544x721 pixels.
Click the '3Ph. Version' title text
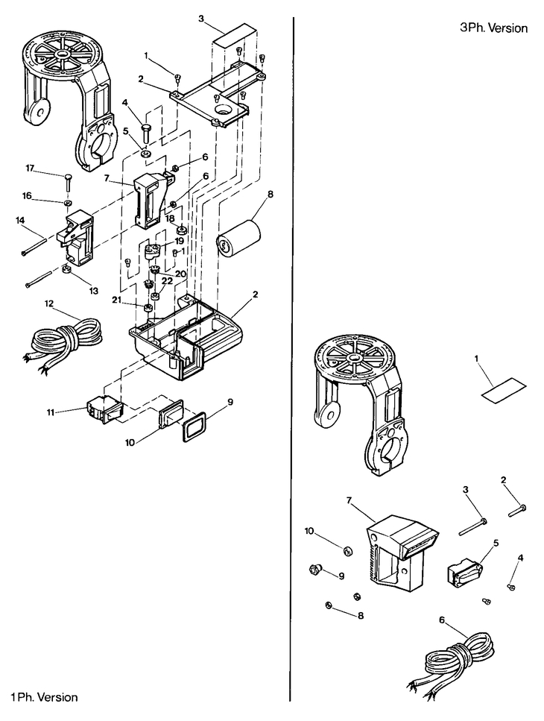pos(494,28)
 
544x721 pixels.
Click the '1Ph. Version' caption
pos(44,697)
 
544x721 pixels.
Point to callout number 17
pos(30,169)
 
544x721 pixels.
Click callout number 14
pos(20,220)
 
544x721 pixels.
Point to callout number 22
pos(166,280)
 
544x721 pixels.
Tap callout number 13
pos(72,290)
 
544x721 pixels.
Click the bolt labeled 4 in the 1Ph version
pos(146,135)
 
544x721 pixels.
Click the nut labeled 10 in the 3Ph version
pos(347,551)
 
